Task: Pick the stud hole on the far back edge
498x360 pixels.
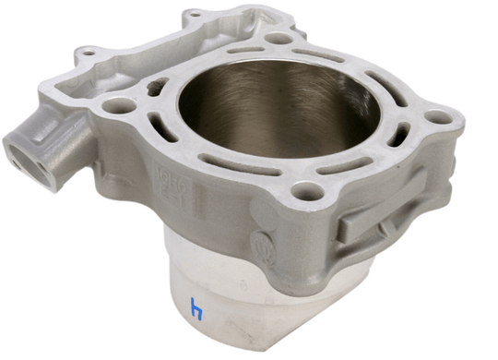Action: pos(278,40)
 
